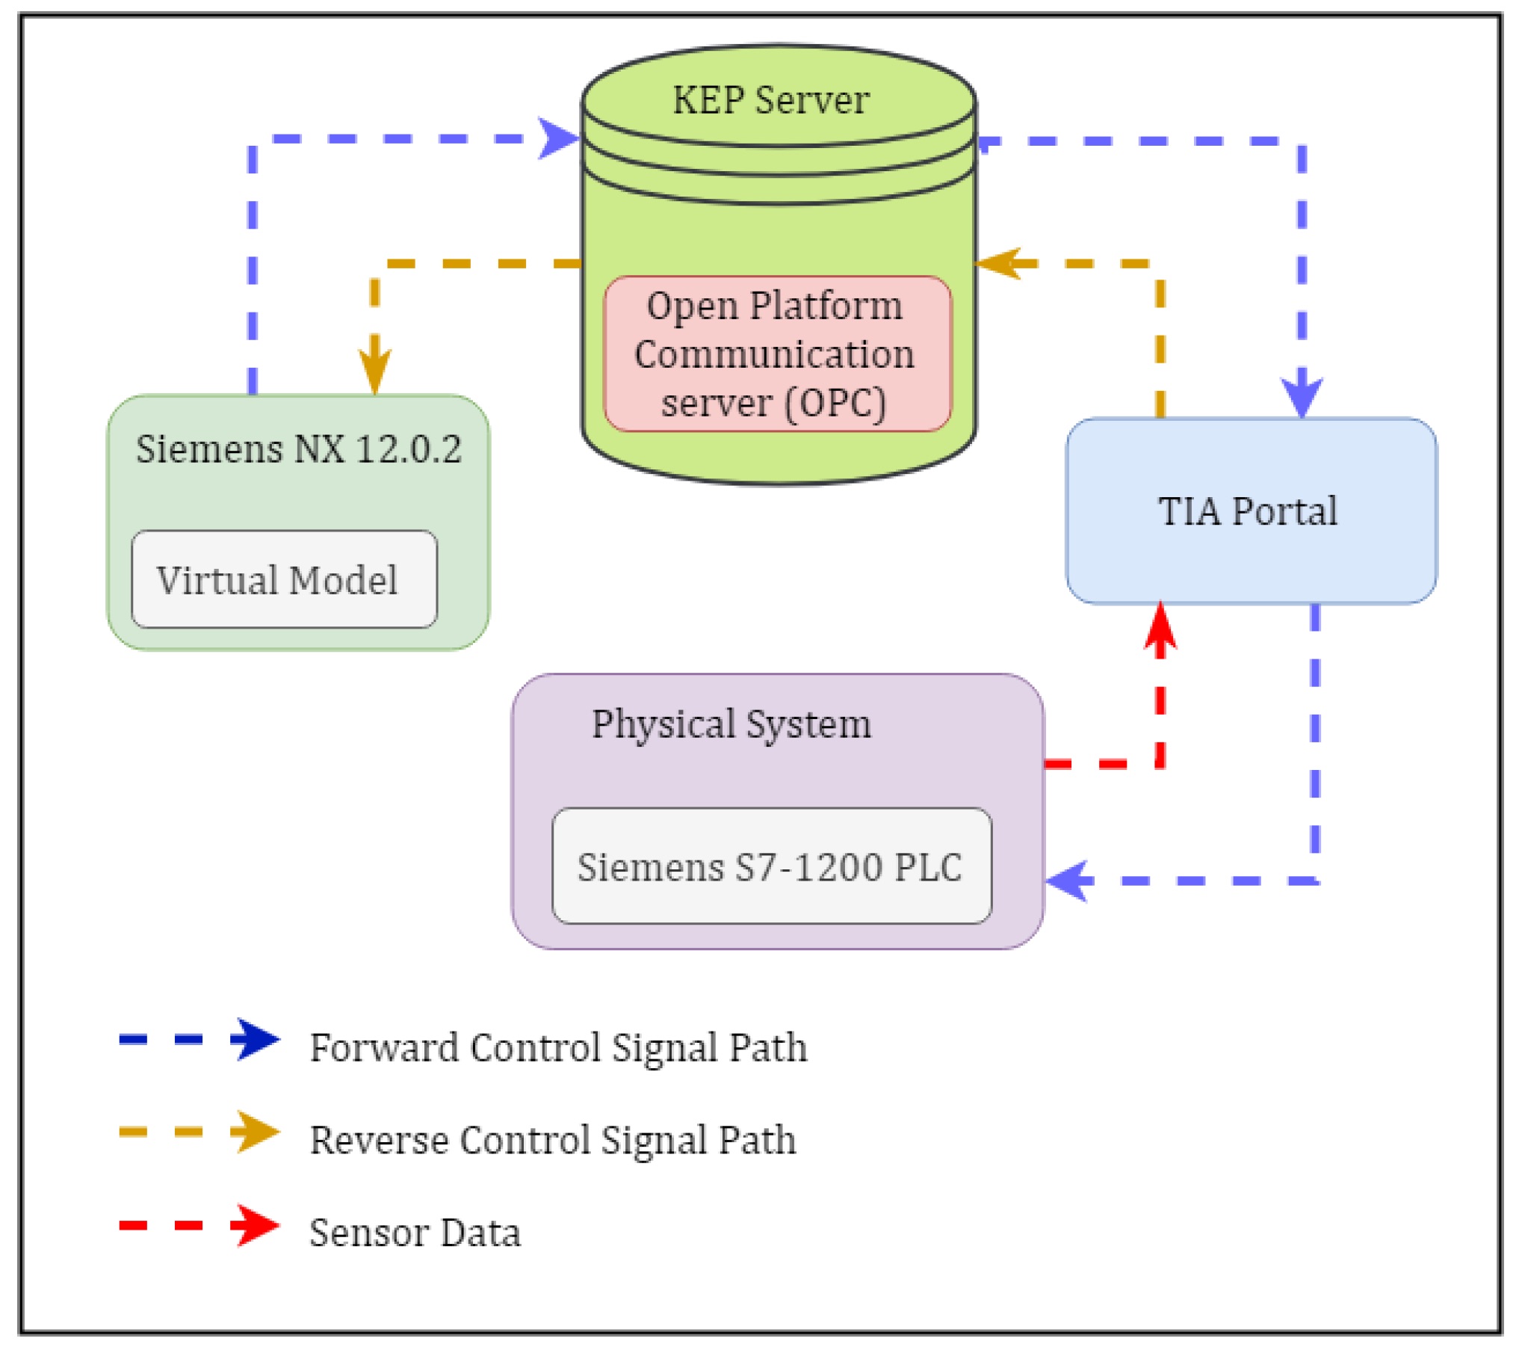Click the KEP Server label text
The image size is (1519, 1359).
pyautogui.click(x=770, y=100)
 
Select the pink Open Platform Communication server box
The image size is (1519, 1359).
pyautogui.click(x=777, y=354)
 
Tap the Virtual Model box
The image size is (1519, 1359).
pyautogui.click(x=284, y=579)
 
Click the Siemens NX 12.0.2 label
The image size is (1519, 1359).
pyautogui.click(x=299, y=449)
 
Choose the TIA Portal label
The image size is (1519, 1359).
pyautogui.click(x=1247, y=511)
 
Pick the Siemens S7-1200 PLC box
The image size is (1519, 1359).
pyautogui.click(x=771, y=866)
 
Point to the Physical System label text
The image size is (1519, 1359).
pyautogui.click(x=731, y=724)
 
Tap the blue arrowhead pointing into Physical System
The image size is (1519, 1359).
pyautogui.click(x=1068, y=881)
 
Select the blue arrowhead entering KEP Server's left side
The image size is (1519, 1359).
pyautogui.click(x=558, y=138)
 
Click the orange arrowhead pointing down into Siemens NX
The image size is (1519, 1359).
pyautogui.click(x=374, y=371)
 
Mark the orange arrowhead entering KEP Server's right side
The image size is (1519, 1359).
pyautogui.click(x=999, y=263)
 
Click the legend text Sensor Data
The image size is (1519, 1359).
pyautogui.click(x=415, y=1233)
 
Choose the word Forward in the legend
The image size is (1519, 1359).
pyautogui.click(x=383, y=1047)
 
